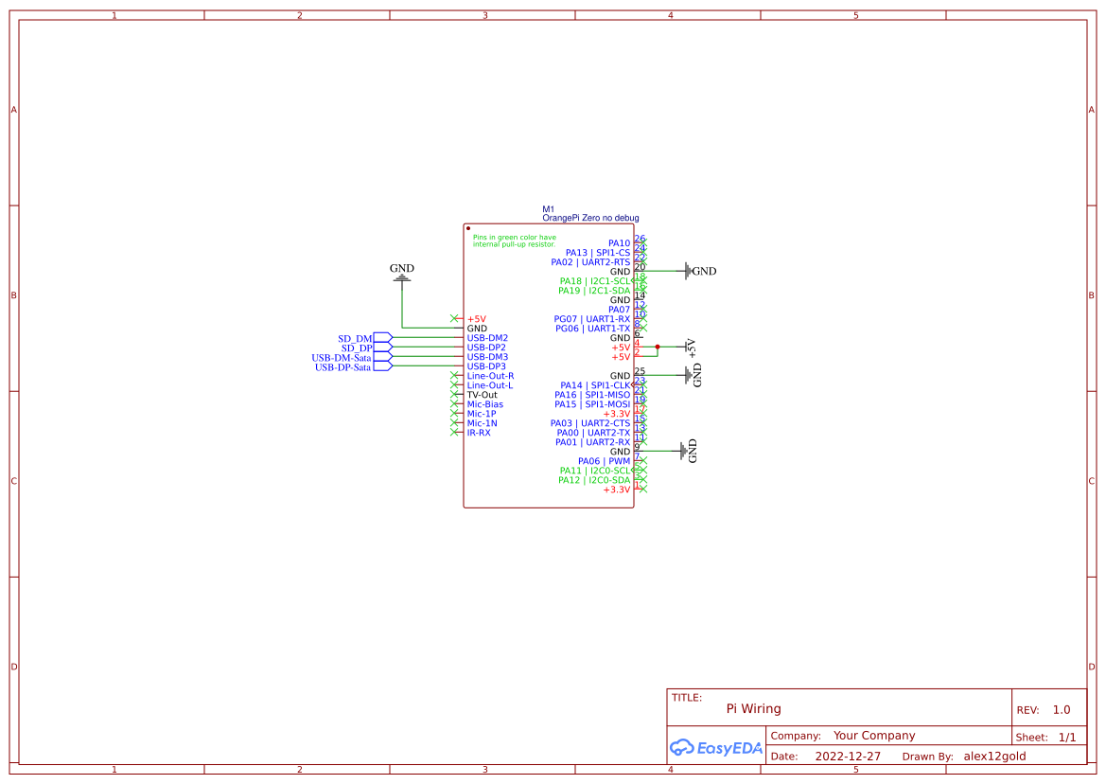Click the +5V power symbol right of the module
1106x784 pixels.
point(690,347)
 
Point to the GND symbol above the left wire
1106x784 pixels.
point(402,273)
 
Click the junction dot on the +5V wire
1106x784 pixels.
point(658,347)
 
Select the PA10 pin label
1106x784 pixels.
point(619,243)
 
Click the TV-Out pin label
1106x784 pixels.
point(482,395)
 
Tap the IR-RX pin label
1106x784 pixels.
point(479,433)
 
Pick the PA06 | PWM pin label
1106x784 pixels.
point(604,461)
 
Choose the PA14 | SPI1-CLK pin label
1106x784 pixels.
point(594,385)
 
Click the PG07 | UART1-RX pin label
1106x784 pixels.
point(591,319)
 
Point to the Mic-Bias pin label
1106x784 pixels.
point(484,404)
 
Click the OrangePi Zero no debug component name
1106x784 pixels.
point(590,218)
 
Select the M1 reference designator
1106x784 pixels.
point(548,209)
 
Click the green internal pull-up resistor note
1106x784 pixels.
point(515,241)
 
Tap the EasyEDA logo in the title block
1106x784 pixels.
point(716,748)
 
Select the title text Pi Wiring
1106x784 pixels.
point(753,708)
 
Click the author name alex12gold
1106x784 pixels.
point(994,757)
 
